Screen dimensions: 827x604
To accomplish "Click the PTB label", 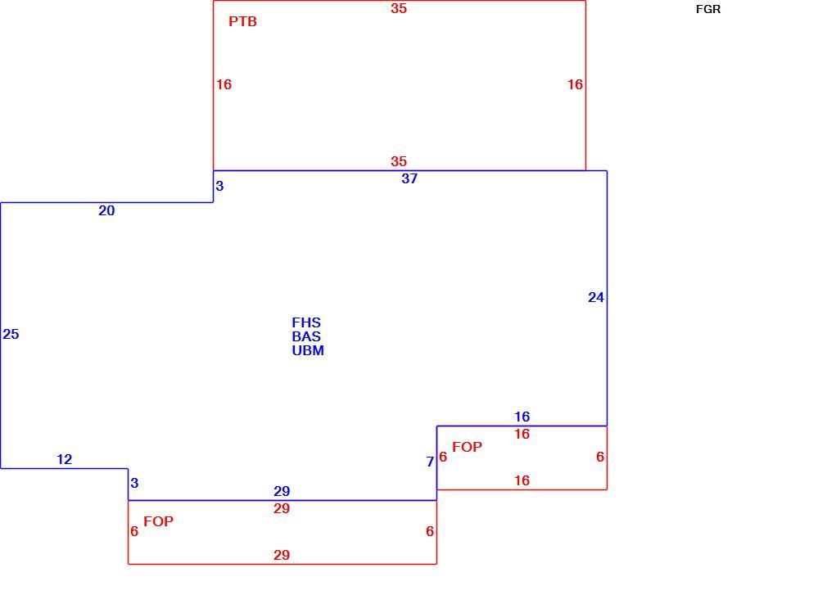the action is [242, 21].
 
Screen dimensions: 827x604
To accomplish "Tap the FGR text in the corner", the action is [707, 10].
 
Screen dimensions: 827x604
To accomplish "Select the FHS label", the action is [306, 322].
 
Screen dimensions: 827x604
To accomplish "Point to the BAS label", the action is [306, 336].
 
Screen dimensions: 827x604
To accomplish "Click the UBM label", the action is [308, 350].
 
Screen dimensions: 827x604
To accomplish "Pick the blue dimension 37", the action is [409, 178].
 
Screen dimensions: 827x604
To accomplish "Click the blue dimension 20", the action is [106, 211].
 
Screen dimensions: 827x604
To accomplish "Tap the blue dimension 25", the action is [11, 334].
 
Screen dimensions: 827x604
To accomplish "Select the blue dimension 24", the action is [596, 298].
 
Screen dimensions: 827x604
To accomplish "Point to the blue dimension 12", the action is [65, 460].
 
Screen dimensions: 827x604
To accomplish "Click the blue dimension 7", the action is [430, 462].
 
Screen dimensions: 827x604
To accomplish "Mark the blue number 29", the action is [282, 491].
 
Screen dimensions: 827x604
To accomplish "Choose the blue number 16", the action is [522, 417].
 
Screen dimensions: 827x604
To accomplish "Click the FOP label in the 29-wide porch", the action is [158, 521].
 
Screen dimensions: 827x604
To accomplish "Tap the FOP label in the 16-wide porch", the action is [467, 447].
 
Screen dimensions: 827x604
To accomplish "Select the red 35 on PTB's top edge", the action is [399, 8].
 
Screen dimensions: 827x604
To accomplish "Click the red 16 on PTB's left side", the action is [224, 84].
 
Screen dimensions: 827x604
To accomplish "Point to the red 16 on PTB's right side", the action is [575, 84].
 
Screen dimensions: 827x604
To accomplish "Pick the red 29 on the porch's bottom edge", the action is [282, 555].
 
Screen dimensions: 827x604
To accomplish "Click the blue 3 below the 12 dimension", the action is [134, 483].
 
